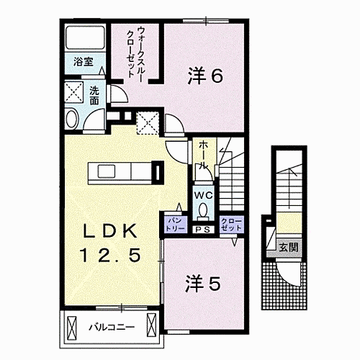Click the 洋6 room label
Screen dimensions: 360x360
coord(205,74)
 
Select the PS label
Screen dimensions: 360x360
coord(203,229)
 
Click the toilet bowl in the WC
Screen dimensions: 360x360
coord(202,211)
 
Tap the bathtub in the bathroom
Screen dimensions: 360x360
coord(85,40)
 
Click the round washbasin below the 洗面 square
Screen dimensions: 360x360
coord(71,119)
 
